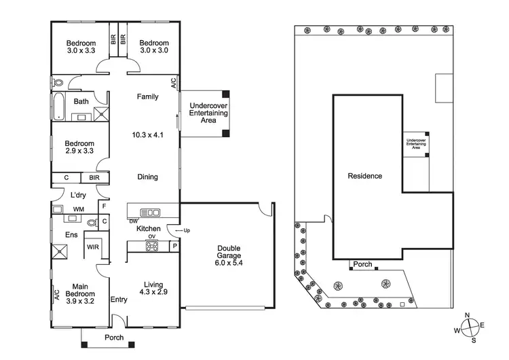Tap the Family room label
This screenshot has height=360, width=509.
click(147, 97)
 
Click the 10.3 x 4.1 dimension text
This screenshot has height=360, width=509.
click(147, 135)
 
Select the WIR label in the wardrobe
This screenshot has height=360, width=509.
click(92, 247)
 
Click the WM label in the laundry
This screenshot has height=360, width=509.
click(78, 209)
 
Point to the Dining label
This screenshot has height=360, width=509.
click(147, 177)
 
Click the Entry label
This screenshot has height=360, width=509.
click(119, 300)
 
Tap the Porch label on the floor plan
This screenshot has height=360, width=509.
click(113, 338)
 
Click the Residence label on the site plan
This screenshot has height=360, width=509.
click(364, 176)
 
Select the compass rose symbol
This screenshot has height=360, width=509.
click(472, 328)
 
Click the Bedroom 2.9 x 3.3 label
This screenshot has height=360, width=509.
click(79, 147)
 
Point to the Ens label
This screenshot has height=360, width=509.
click(70, 235)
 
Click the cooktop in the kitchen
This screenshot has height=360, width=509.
click(150, 245)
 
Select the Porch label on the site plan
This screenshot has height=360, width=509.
click(362, 264)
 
